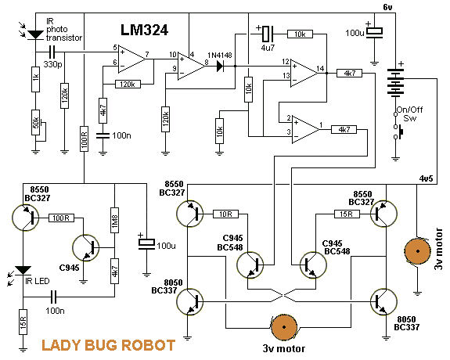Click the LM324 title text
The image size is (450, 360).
point(144,30)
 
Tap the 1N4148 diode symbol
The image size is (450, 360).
point(220,67)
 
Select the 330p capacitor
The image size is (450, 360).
point(52,52)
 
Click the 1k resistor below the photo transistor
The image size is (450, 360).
point(35,79)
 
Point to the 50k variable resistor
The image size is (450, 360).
point(36,123)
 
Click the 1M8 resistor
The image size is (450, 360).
point(114,220)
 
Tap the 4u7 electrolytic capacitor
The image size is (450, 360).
point(267,34)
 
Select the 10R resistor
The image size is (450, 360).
point(225,214)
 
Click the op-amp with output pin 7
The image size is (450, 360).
point(132,59)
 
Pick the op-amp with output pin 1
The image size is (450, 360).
point(306,130)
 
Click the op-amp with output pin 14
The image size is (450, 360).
point(304,74)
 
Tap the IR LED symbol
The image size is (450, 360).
point(23,271)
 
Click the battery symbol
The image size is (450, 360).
point(395,81)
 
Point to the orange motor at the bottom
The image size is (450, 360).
point(284,327)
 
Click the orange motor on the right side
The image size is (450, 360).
point(418,251)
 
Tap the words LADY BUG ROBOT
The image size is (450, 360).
point(109,345)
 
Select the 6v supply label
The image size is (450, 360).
point(387,7)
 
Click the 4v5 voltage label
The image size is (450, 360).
point(426,178)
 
